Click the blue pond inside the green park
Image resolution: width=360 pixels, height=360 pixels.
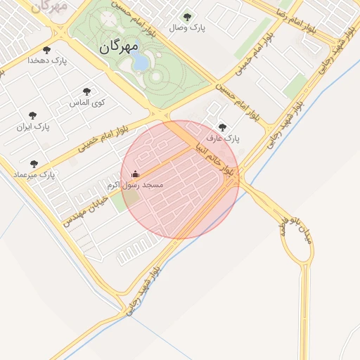[x=141, y=63]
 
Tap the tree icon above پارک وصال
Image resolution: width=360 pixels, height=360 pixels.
[x=186, y=17]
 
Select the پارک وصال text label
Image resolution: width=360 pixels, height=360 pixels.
[x=186, y=28]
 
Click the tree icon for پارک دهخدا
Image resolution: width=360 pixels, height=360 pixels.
[x=47, y=50]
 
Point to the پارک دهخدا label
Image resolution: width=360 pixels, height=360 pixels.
[x=47, y=61]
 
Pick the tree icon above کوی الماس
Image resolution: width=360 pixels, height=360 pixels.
[x=86, y=91]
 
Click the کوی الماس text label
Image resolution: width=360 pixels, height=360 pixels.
[x=87, y=103]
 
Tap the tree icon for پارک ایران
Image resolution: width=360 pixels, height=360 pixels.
[x=32, y=115]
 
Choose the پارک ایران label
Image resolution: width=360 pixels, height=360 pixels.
[x=33, y=127]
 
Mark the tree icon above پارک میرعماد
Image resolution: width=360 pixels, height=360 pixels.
[x=34, y=164]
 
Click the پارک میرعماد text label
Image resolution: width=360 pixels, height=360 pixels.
[x=34, y=174]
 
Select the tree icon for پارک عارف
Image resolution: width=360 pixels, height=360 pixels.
[x=223, y=127]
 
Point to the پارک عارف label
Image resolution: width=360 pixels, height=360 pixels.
[x=223, y=139]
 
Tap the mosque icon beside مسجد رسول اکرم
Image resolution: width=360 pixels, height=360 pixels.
[x=136, y=174]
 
